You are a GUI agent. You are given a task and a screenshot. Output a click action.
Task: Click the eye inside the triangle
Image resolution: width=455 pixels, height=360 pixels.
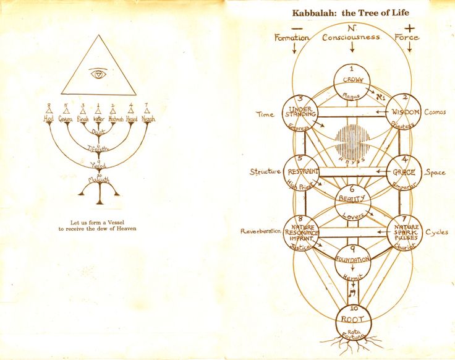[x=98, y=74]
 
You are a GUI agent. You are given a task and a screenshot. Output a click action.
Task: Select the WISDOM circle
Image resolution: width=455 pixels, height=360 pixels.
[x=403, y=112]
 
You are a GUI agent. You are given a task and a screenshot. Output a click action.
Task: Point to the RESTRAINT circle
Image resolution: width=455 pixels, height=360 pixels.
[x=301, y=171]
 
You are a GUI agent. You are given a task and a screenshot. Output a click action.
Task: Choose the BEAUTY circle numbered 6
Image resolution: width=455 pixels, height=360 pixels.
[x=352, y=201]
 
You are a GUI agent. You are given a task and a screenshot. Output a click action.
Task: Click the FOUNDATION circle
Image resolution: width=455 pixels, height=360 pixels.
[x=352, y=260]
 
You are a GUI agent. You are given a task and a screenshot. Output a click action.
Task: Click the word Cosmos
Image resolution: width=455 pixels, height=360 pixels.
[x=435, y=112]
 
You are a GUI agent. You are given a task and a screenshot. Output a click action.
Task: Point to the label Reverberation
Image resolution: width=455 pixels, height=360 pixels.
[x=260, y=231]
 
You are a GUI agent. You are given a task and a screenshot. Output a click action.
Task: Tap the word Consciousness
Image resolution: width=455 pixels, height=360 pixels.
[x=351, y=37]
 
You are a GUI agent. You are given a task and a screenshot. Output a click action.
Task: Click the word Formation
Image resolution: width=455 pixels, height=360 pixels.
[x=292, y=38]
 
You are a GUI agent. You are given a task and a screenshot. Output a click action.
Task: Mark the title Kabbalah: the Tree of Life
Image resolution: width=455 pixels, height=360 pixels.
[x=351, y=12]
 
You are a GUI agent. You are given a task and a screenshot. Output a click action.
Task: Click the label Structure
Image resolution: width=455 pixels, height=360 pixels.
[x=265, y=171]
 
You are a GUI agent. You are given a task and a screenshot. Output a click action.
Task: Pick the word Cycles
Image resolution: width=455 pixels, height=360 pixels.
[x=436, y=233]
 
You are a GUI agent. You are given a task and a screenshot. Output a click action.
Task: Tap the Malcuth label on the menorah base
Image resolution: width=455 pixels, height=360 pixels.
[x=98, y=180]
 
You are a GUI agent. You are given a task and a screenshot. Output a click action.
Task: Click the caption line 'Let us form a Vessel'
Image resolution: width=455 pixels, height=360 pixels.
[x=98, y=221]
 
